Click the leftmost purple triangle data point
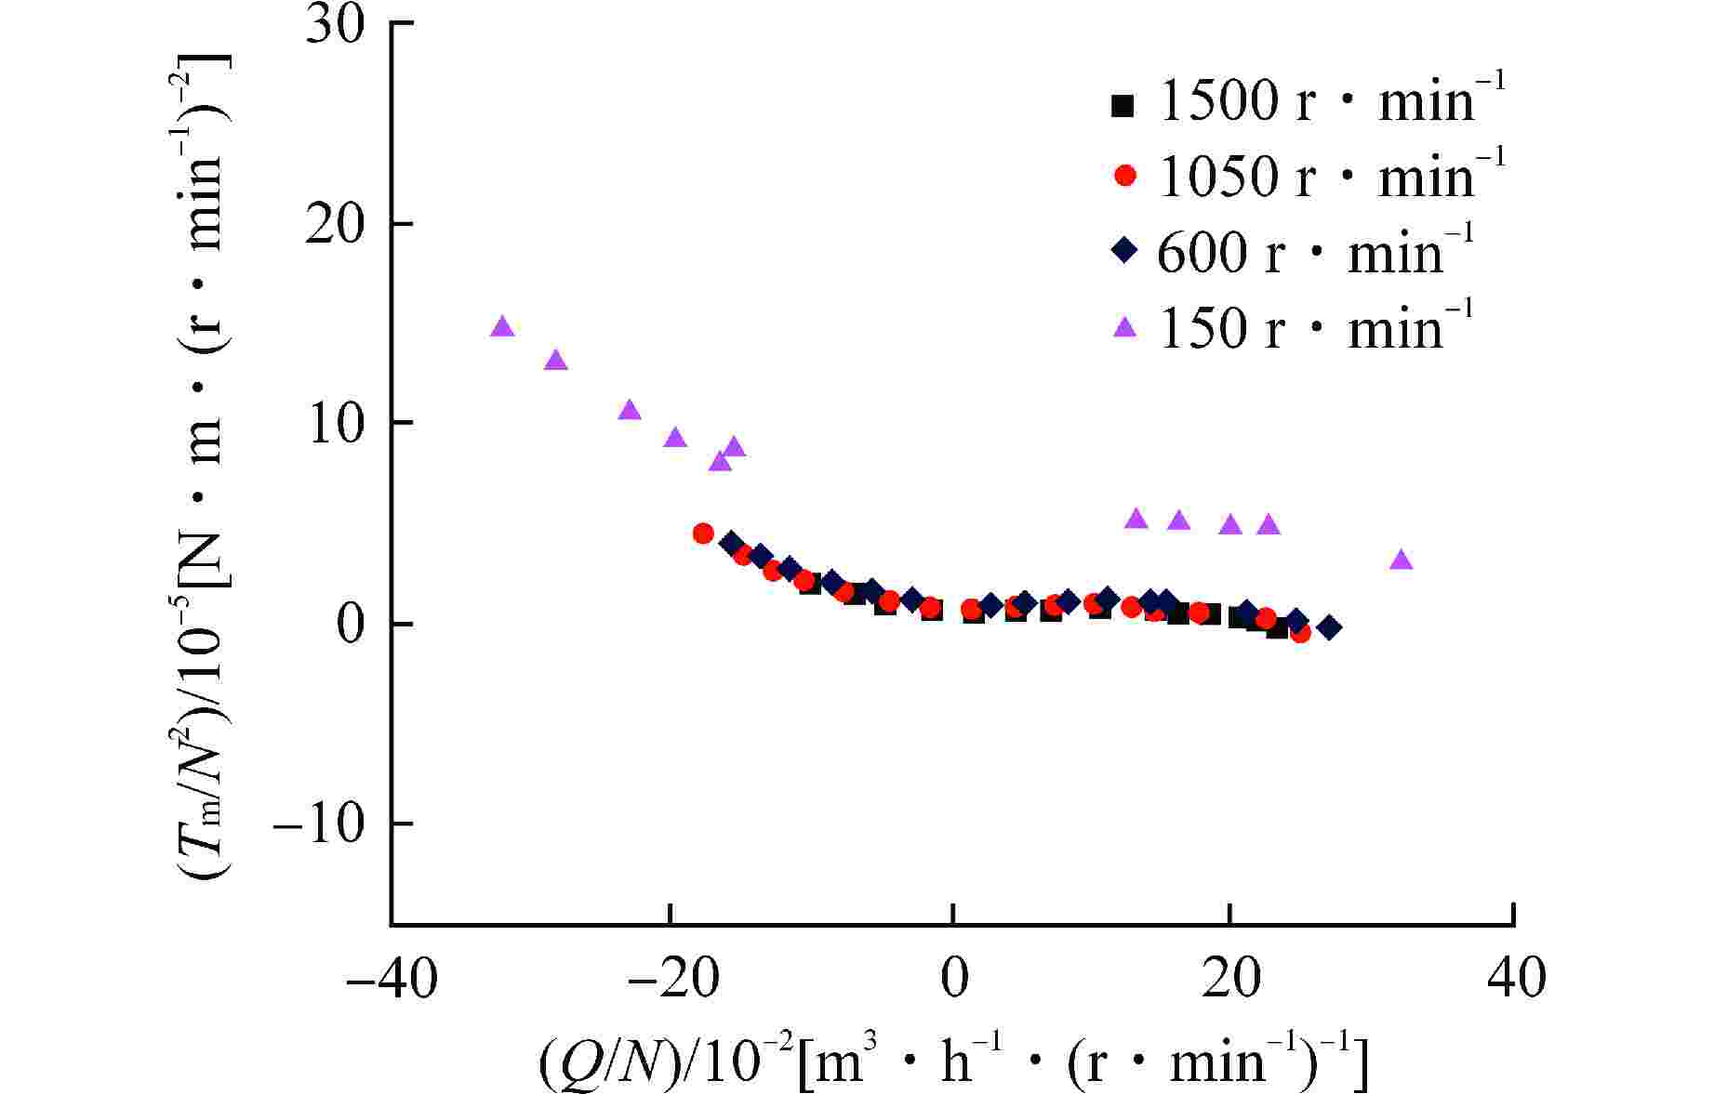click(x=502, y=327)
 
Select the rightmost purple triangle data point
click(x=1401, y=560)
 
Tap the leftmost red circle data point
click(x=703, y=534)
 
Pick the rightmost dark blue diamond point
click(x=1330, y=627)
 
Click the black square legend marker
click(x=1123, y=106)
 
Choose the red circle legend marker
click(x=1124, y=175)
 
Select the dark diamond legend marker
click(x=1124, y=250)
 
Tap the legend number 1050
click(x=1217, y=175)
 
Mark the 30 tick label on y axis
click(x=335, y=25)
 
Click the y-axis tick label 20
click(x=335, y=224)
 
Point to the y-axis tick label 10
click(x=335, y=423)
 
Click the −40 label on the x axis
click(x=391, y=979)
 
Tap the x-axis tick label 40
click(x=1515, y=979)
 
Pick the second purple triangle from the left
click(x=556, y=361)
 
